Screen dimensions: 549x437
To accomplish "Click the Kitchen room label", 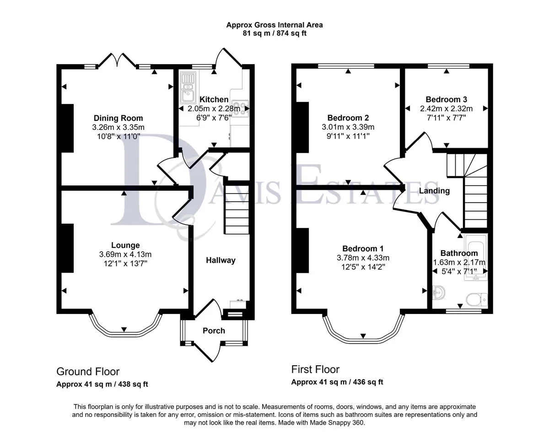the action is pos(214,99).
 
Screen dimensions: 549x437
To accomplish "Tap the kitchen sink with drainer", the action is pos(188,87).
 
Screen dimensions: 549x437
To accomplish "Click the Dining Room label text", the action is pos(118,118).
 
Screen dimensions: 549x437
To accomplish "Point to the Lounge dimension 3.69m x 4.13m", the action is pos(125,254).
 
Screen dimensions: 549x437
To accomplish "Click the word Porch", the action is pos(214,330).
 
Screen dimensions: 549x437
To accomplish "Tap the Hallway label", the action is pos(221,260).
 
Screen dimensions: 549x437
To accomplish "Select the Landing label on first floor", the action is pos(434,191).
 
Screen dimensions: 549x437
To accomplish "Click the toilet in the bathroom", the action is pos(477,299).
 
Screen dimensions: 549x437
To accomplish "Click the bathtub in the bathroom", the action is pos(476,257).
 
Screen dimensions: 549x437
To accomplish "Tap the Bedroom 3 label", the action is pos(446,99).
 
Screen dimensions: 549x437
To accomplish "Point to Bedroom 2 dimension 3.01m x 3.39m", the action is pos(348,127).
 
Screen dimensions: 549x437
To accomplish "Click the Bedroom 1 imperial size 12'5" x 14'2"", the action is pos(363,267).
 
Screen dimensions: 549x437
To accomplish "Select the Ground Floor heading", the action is pos(88,372).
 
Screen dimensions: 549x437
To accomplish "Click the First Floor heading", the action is pos(315,369).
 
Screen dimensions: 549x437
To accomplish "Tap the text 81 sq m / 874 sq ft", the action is pos(274,33).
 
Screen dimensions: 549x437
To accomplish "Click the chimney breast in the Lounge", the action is pos(67,248).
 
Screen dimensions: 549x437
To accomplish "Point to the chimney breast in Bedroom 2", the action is pos(302,127).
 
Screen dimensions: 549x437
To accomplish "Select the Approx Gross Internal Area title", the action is pos(274,25).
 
